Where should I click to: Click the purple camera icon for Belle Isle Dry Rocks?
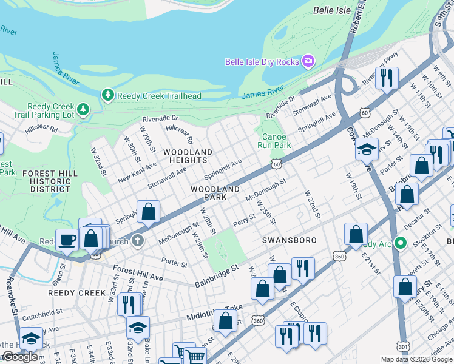pos(308,61)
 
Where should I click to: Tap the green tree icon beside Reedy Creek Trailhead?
pos(107,95)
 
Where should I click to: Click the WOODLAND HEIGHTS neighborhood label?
pos(188,156)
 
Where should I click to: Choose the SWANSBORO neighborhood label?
pos(290,240)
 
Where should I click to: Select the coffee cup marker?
pos(67,239)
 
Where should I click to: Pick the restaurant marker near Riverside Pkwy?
pos(386,78)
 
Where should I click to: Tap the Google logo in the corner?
pos(19,357)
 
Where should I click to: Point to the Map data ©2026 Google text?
pos(416,359)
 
